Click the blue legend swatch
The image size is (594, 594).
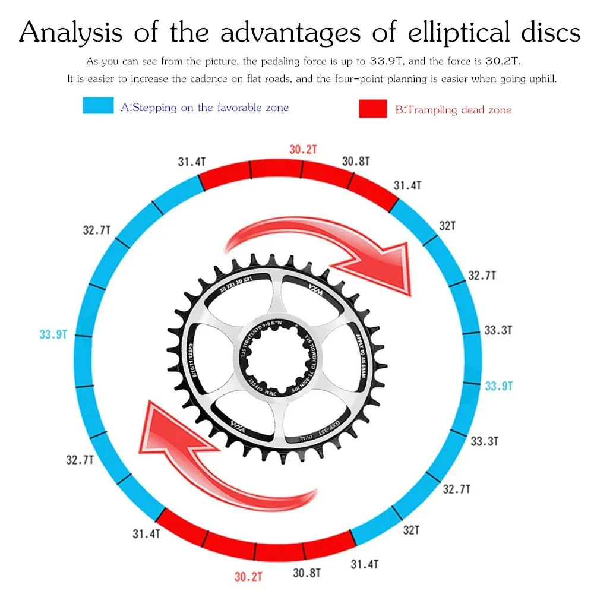click(x=98, y=106)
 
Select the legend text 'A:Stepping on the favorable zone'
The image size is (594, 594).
click(x=205, y=108)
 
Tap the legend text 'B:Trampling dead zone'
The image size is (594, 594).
click(x=453, y=110)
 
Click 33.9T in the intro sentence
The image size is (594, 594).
click(x=386, y=61)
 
